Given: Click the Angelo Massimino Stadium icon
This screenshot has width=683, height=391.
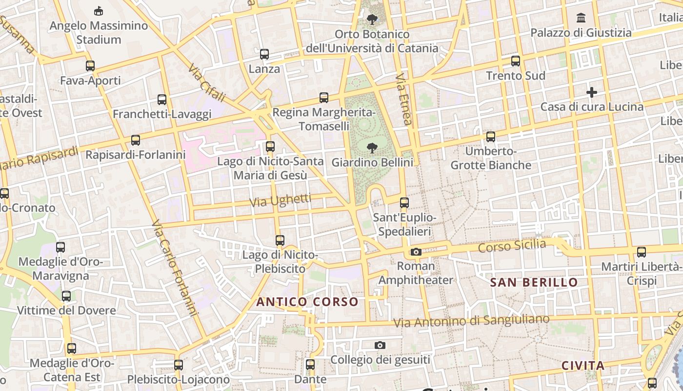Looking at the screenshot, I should [99, 10].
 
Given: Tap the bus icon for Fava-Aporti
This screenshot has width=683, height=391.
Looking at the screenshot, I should [90, 66].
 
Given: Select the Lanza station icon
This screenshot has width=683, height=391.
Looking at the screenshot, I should [264, 54].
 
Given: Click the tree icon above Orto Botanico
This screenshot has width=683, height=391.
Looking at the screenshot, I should [372, 20].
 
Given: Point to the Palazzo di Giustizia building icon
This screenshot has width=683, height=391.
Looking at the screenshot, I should [581, 18].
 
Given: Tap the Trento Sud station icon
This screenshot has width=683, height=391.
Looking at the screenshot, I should [516, 61].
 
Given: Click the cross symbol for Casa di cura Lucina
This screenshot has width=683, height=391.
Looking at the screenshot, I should [592, 92].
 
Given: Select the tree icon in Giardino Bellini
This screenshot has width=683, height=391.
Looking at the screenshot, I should [372, 147].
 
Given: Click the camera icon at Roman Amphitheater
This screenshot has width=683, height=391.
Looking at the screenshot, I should [416, 252].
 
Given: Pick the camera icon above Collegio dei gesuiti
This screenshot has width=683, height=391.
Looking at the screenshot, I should [380, 346].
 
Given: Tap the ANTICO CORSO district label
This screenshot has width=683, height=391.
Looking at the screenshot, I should [307, 302].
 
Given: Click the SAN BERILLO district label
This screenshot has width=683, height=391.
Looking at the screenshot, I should [534, 282].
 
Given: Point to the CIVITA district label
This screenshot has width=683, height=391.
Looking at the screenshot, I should [583, 366].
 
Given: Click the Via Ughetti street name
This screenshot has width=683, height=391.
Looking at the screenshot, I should [280, 200].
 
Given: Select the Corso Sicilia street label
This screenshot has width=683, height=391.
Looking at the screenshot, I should [512, 246].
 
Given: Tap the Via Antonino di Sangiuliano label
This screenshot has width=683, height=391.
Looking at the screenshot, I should [471, 321].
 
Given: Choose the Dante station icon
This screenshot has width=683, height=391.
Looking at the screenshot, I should [310, 365].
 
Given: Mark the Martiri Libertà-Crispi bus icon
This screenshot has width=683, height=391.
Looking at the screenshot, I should [642, 252].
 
